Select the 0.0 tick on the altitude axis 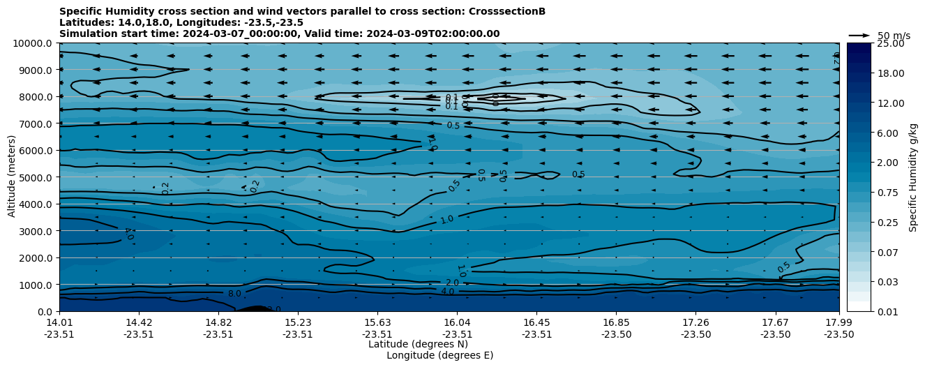[x=45, y=311]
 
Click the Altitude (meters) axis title [x=12, y=177]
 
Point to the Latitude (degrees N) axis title [x=418, y=344]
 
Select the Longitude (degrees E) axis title [x=439, y=355]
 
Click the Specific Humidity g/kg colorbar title [x=913, y=177]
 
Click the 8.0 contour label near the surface [x=234, y=294]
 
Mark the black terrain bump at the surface [x=255, y=308]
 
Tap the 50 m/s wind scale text [x=894, y=36]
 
